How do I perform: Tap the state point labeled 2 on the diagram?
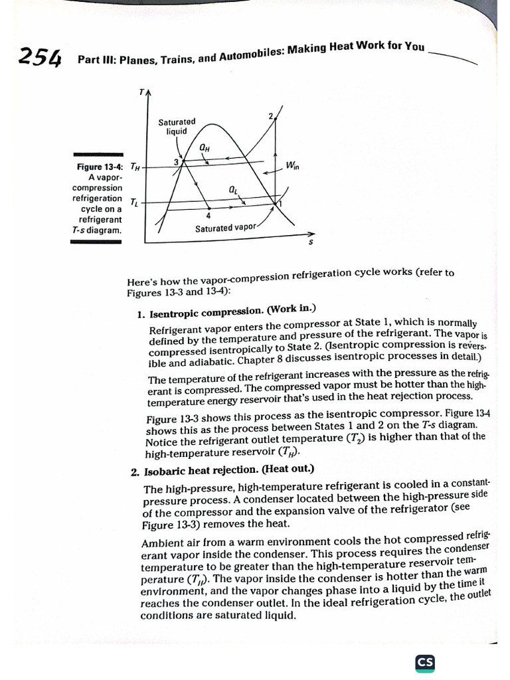pos(271,116)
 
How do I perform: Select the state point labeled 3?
pos(176,161)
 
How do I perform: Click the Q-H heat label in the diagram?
pos(205,147)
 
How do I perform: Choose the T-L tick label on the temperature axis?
pos(134,201)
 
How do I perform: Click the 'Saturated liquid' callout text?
pos(177,127)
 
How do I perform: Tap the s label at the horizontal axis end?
pos(310,242)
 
